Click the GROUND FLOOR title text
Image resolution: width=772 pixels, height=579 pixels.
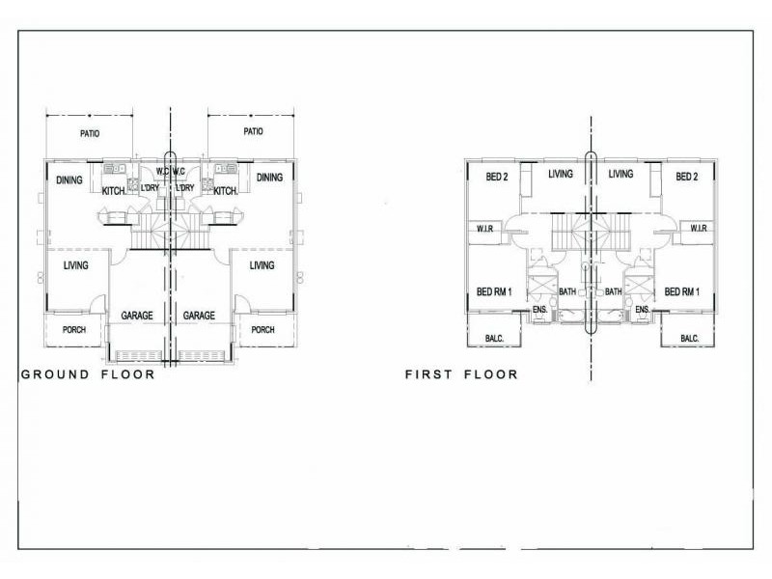pos(88,374)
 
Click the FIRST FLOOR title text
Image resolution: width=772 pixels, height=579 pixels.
pos(461,374)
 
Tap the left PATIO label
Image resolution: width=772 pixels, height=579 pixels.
pos(90,133)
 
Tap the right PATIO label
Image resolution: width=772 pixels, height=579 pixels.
pos(253,131)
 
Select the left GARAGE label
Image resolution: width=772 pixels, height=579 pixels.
pos(137,316)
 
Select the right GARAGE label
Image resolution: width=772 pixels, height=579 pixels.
pos(199,316)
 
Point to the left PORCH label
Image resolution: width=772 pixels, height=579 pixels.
pos(74,330)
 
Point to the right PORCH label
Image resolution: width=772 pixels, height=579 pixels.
pos(262,330)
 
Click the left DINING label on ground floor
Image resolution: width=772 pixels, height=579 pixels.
pos(69,180)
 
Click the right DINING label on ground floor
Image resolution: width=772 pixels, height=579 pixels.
pos(269,178)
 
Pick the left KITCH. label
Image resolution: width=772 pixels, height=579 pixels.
pos(114,191)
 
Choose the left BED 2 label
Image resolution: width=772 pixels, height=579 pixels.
pos(496,177)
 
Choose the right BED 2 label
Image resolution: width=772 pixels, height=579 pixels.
pos(686,177)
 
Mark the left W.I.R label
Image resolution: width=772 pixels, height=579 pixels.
pos(485,229)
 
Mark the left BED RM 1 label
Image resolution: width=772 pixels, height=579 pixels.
pos(494,292)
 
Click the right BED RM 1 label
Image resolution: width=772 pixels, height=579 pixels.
pos(682,292)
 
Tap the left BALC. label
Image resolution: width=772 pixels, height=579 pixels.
pos(494,339)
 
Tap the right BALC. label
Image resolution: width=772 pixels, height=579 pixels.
pos(689,339)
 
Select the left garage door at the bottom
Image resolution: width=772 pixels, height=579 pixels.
pos(138,355)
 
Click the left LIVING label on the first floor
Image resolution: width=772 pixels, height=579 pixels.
pos(561,174)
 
